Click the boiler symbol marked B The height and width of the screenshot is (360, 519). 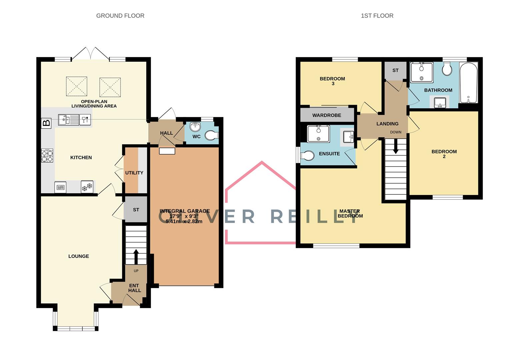[x=46, y=123]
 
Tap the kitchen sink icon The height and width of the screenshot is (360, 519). [x=68, y=119]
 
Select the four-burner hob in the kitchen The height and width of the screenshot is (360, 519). [x=47, y=155]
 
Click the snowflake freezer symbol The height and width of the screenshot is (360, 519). [x=87, y=187]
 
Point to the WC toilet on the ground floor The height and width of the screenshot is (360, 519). [x=211, y=135]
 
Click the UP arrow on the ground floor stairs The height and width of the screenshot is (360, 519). [x=136, y=256]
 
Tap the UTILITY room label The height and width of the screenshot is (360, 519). [x=134, y=173]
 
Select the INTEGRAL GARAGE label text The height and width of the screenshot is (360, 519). [x=184, y=211]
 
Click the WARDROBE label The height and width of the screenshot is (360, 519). [x=326, y=115]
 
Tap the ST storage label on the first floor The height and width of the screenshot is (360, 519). [x=395, y=70]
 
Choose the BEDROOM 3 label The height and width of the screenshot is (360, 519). [x=332, y=81]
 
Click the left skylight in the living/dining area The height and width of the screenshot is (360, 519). [x=77, y=86]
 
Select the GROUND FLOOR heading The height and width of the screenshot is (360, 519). [x=120, y=16]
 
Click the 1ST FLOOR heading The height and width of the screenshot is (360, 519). [x=377, y=16]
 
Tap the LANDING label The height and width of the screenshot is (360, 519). [x=387, y=124]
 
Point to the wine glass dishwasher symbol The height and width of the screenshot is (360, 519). [x=85, y=119]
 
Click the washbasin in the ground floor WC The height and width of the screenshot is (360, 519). [x=195, y=127]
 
